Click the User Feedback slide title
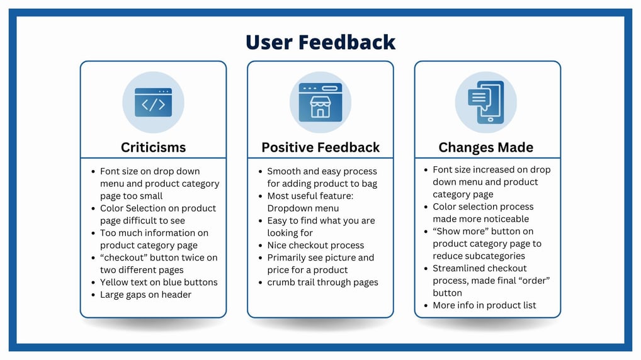pyautogui.click(x=320, y=42)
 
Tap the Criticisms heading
pyautogui.click(x=153, y=147)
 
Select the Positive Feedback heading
pyautogui.click(x=320, y=147)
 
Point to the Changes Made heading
pyautogui.click(x=485, y=147)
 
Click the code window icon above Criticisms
pyautogui.click(x=153, y=102)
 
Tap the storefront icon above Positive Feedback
pyautogui.click(x=320, y=102)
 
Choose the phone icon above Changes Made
pyautogui.click(x=485, y=102)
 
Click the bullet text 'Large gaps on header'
pyautogui.click(x=145, y=295)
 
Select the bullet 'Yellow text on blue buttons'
pyautogui.click(x=159, y=283)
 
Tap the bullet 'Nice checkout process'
pyautogui.click(x=315, y=245)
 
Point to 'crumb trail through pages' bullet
pyautogui.click(x=322, y=283)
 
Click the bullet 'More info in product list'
pyautogui.click(x=484, y=305)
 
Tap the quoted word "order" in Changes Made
pyautogui.click(x=535, y=281)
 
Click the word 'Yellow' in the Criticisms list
pyautogui.click(x=113, y=283)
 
